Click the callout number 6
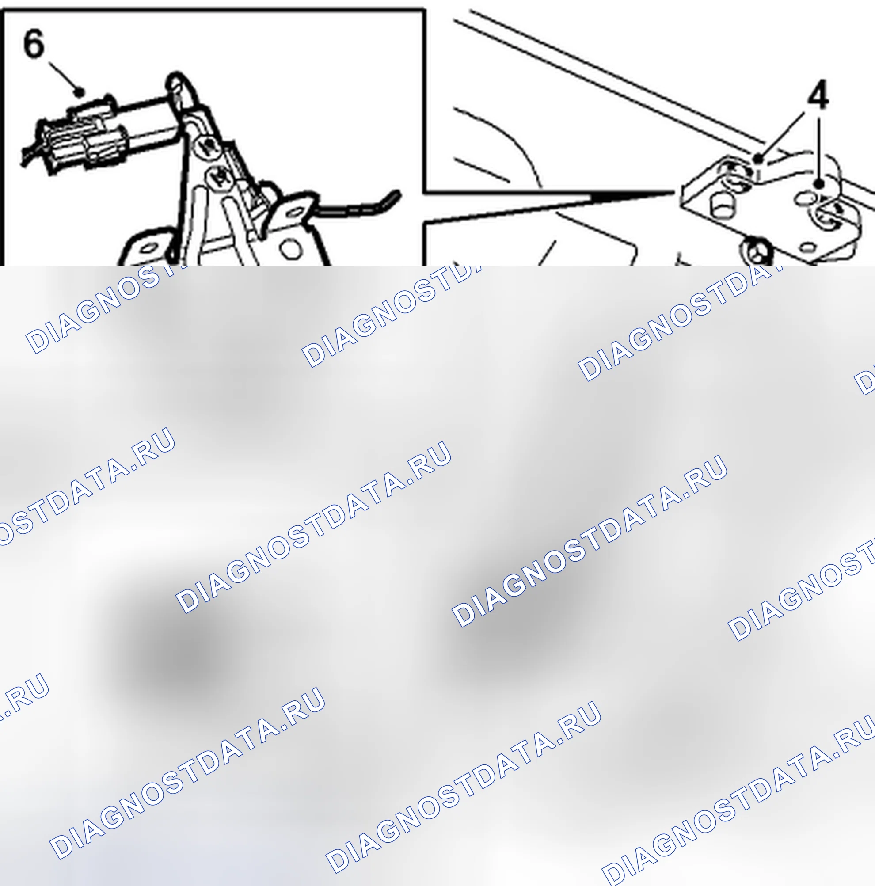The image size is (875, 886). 34,44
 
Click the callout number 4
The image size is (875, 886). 818,95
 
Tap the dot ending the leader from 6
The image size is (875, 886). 80,92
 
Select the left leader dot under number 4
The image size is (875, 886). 758,159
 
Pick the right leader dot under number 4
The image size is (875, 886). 819,184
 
